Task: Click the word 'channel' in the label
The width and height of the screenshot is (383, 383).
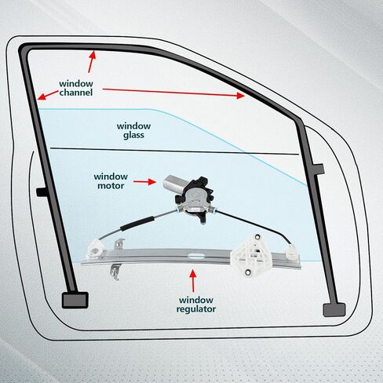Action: (76, 93)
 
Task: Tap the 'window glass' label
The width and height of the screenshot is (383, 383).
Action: (133, 130)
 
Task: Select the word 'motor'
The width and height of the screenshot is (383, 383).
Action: (111, 186)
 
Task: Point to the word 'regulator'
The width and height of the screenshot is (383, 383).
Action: (196, 309)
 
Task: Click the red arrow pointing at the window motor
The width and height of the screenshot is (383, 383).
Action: (144, 181)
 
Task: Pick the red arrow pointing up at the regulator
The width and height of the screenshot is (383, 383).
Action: (193, 281)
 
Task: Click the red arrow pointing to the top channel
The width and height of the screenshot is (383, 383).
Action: (91, 61)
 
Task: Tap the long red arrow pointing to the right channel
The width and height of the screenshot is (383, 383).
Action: (173, 93)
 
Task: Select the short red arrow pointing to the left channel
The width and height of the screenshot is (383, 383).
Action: (48, 95)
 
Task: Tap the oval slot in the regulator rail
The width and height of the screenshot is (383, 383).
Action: (196, 256)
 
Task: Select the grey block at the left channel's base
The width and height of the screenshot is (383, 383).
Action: (75, 300)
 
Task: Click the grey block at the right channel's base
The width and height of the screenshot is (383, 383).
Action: (334, 310)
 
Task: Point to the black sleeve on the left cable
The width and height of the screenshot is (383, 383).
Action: (137, 224)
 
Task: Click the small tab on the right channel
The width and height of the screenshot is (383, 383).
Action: (318, 169)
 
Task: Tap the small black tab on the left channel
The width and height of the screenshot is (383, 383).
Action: (42, 191)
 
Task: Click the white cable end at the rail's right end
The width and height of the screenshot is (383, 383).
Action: (293, 253)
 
